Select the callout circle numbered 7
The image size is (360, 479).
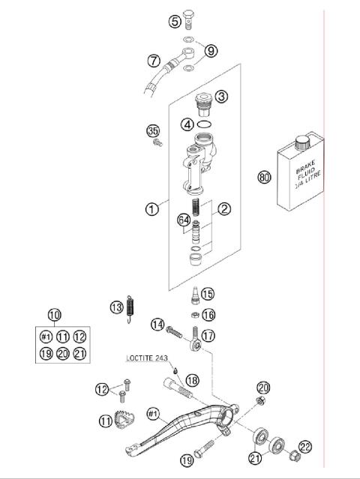point(154,59)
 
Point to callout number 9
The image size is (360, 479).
point(211,50)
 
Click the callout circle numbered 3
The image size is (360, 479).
point(221,97)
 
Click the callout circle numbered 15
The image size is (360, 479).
point(207,293)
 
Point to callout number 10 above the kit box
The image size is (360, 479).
point(55,315)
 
